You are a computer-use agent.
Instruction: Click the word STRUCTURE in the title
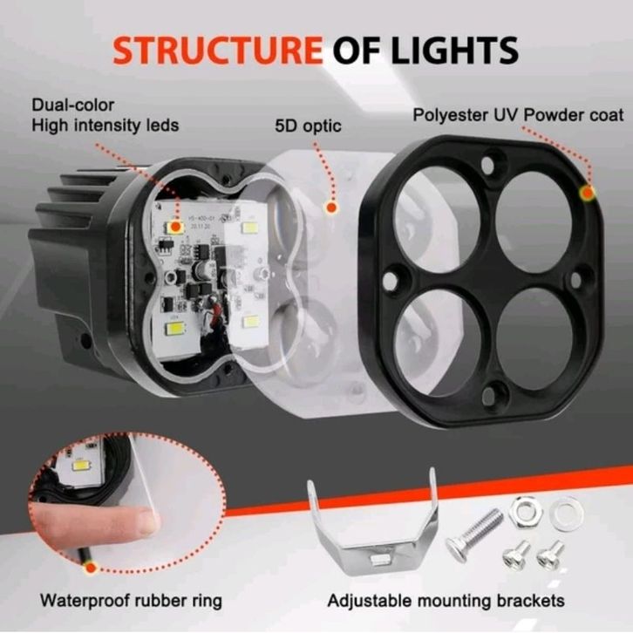pyautogui.click(x=218, y=50)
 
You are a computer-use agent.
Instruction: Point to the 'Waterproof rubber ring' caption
pyautogui.click(x=131, y=601)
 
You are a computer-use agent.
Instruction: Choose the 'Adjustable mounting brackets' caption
pyautogui.click(x=446, y=601)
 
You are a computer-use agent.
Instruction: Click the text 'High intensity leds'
pyautogui.click(x=105, y=126)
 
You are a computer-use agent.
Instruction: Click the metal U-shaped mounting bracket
pyautogui.click(x=371, y=524)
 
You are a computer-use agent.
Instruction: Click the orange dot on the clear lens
pyautogui.click(x=330, y=208)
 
